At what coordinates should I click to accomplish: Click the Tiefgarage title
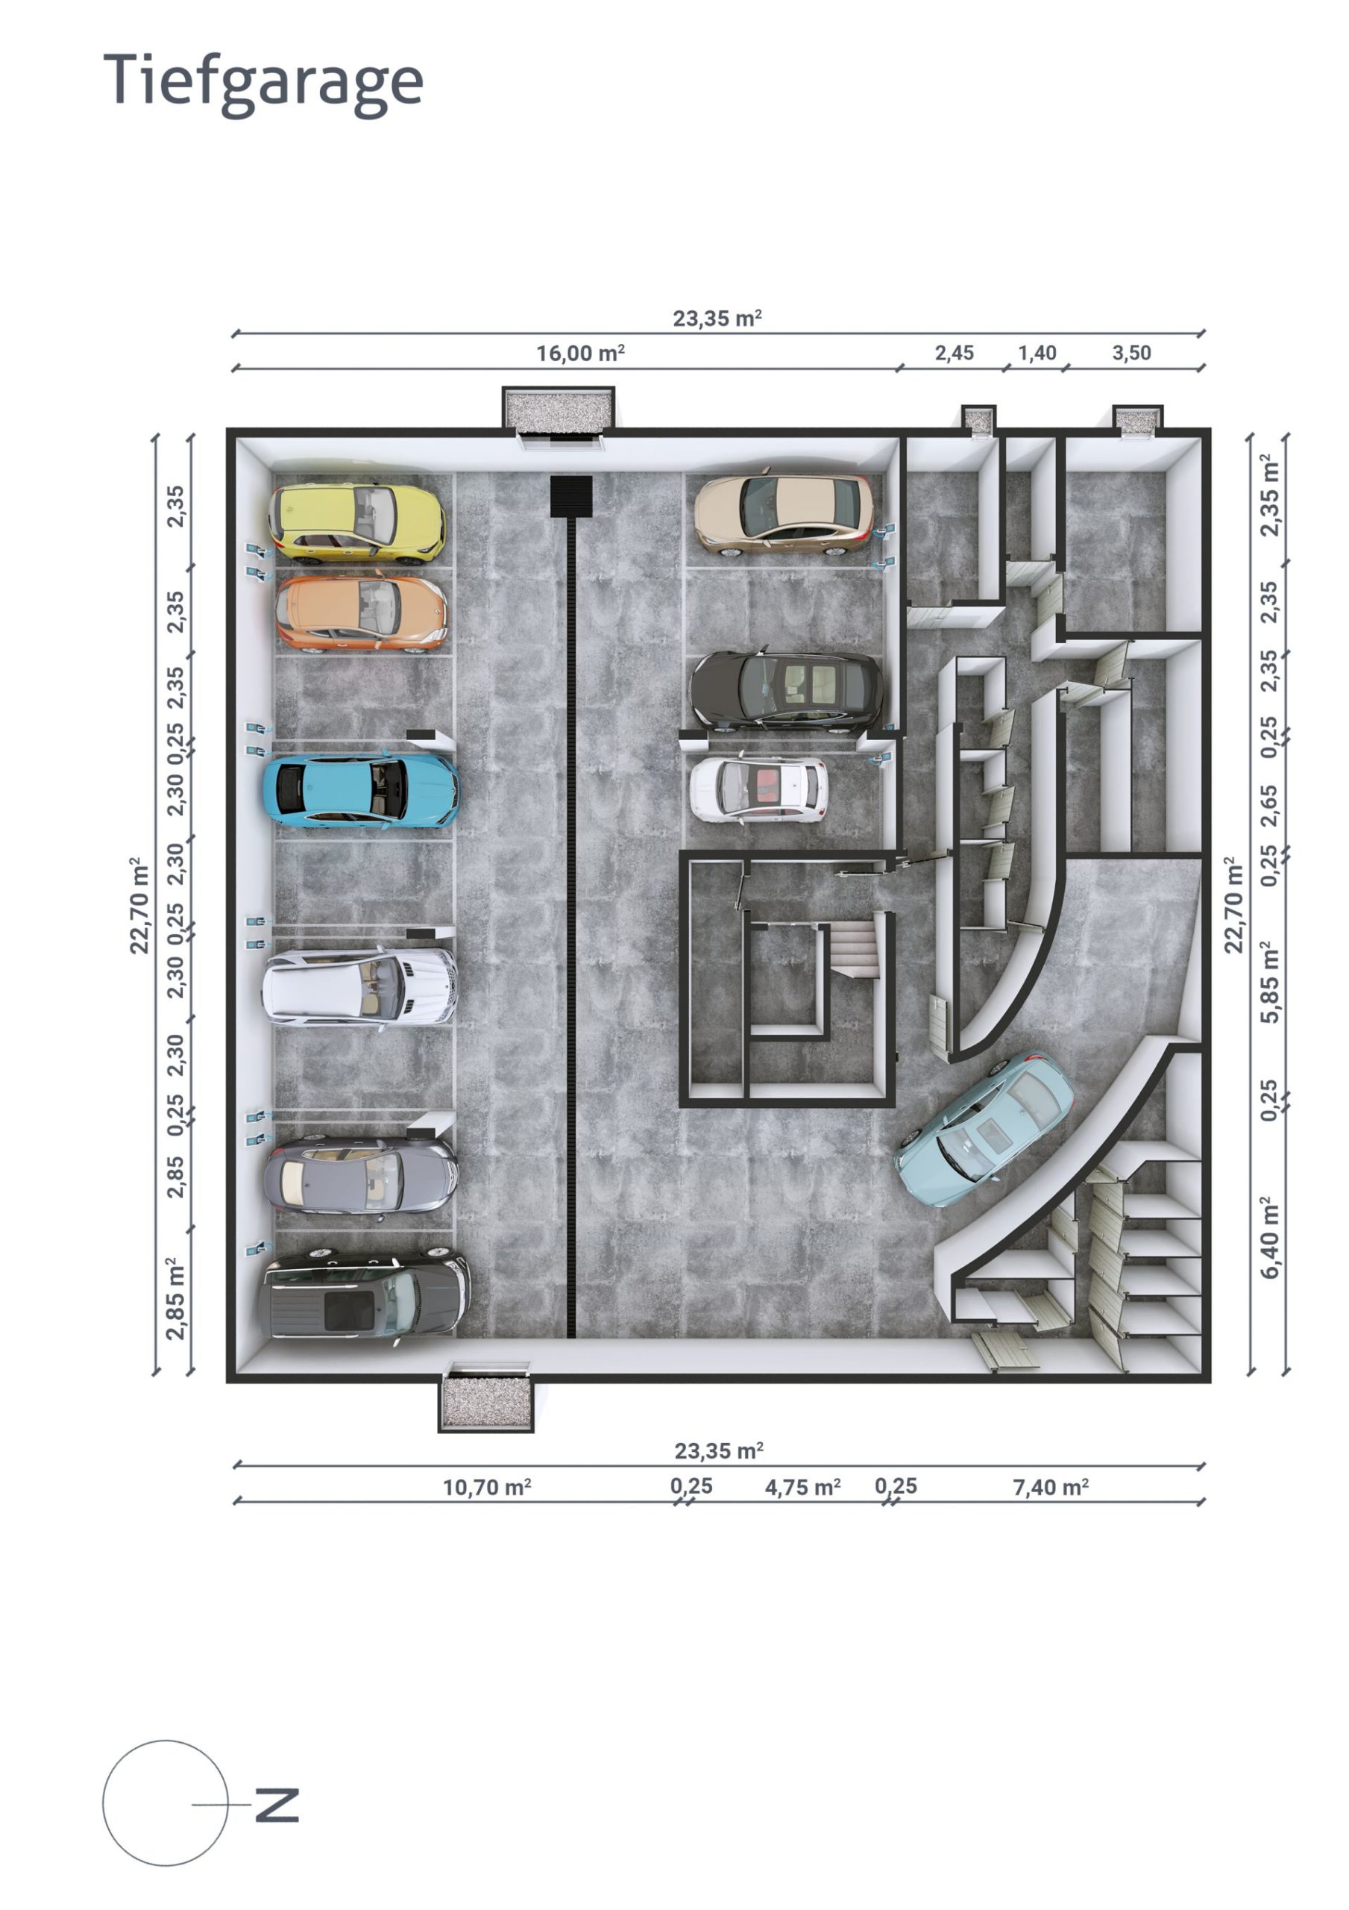[x=262, y=81]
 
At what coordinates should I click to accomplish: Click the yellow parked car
[x=356, y=521]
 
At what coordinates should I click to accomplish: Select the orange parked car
[x=361, y=613]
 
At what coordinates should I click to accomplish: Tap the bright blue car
[x=360, y=789]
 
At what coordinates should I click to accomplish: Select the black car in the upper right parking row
[x=785, y=689]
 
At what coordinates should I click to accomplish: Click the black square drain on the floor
[x=570, y=496]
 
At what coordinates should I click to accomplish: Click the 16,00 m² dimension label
[x=579, y=354]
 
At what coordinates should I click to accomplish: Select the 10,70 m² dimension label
[x=486, y=1485]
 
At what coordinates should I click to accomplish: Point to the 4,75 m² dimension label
[x=802, y=1485]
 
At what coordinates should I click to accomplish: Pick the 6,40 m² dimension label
[x=1269, y=1236]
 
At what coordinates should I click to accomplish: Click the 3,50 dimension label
[x=1131, y=354]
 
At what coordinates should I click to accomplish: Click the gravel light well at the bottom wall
[x=485, y=1400]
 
